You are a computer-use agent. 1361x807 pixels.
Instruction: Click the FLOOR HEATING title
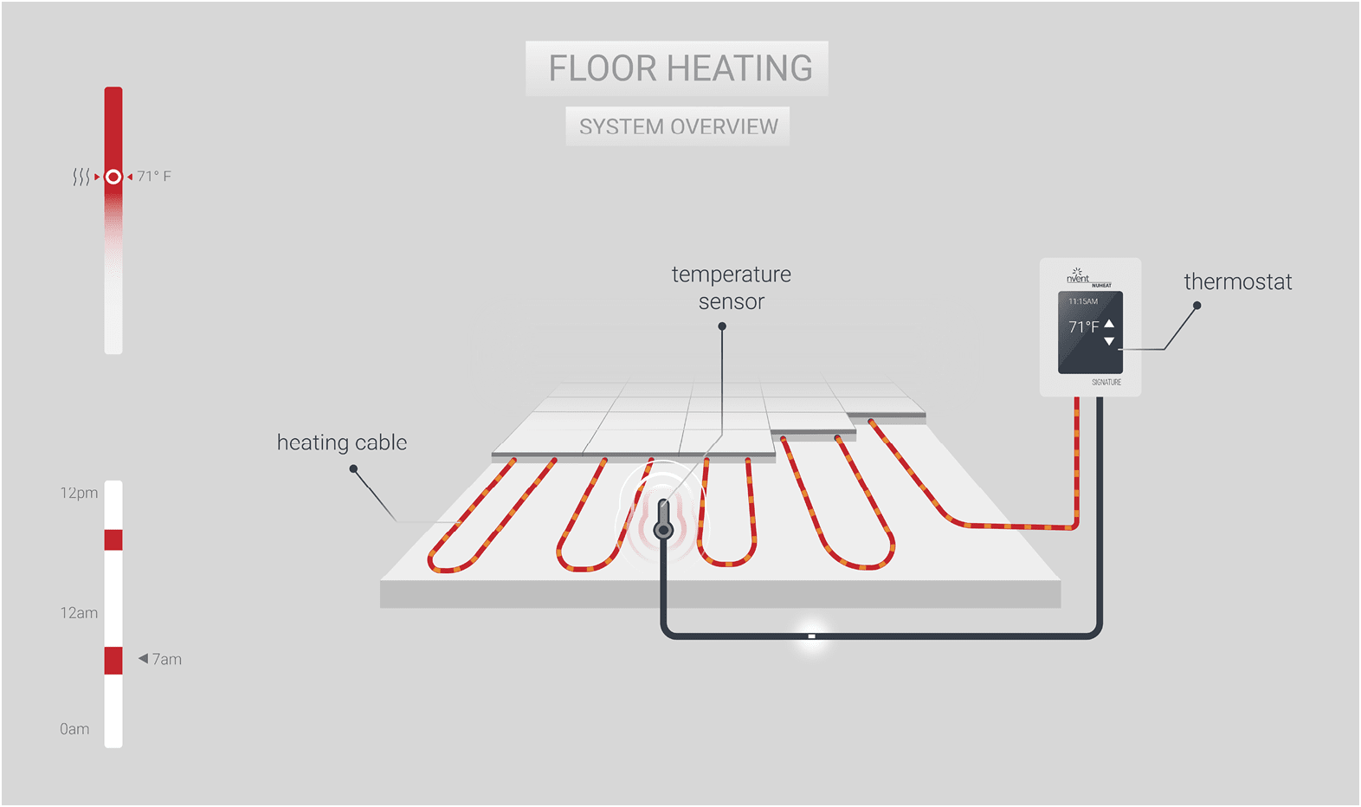(680, 68)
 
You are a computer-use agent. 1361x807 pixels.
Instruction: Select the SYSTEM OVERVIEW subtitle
(678, 126)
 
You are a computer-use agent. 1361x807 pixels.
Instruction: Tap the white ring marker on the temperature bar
(113, 177)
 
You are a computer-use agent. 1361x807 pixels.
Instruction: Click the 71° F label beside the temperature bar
(154, 177)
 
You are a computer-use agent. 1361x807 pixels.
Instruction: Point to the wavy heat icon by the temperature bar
(81, 177)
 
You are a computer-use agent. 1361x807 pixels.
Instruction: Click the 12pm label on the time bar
(79, 493)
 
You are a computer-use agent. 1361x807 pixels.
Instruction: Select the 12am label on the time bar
(79, 613)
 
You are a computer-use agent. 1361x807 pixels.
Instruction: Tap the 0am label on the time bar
(74, 729)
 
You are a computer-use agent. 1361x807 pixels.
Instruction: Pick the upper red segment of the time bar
(113, 539)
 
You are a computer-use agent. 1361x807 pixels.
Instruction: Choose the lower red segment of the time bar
(113, 660)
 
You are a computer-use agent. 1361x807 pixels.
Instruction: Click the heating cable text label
(342, 442)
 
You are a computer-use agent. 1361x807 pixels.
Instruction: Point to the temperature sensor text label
(732, 287)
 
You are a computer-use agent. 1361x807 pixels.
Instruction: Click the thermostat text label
(1237, 281)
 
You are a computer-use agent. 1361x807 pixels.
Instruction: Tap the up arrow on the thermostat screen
(1109, 324)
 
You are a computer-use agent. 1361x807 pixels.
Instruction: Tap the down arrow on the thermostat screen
(1109, 341)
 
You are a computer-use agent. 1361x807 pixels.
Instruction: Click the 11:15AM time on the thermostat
(1083, 301)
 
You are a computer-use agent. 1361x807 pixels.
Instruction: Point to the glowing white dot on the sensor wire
(811, 636)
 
